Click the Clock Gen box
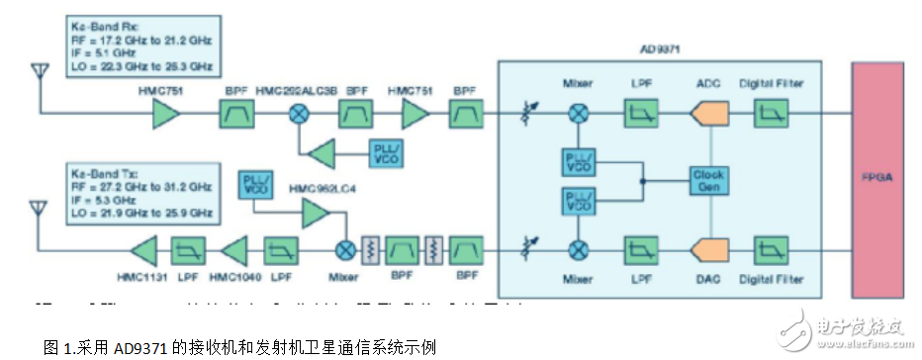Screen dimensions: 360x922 pyautogui.click(x=709, y=180)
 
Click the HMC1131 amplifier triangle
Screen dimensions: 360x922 pyautogui.click(x=143, y=248)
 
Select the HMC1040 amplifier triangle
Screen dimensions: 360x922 pyautogui.click(x=234, y=248)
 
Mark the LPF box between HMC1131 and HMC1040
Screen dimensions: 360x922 pyautogui.click(x=188, y=248)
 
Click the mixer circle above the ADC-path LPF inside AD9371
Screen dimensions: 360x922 pyautogui.click(x=577, y=116)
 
